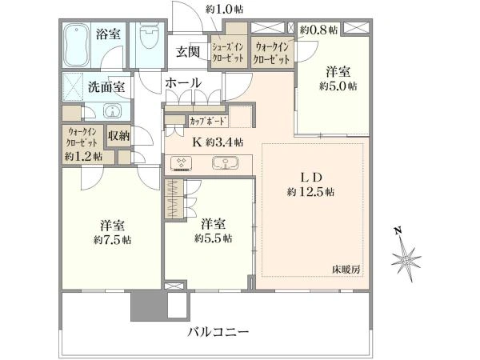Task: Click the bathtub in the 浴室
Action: [x=77, y=46]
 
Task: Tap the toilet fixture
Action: [x=147, y=36]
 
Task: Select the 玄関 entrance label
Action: [x=187, y=51]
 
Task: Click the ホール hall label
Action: [x=183, y=82]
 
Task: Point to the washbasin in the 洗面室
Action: [x=112, y=110]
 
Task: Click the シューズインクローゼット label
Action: [x=228, y=52]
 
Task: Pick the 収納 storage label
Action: [x=118, y=136]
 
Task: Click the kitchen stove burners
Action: [x=181, y=162]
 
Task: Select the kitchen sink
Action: [x=226, y=162]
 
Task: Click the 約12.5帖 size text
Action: [x=310, y=192]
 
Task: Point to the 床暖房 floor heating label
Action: [x=346, y=270]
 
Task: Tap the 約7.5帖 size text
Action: [x=113, y=240]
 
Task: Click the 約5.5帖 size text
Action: [x=213, y=238]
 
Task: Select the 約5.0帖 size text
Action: [x=338, y=86]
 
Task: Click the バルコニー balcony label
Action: [x=218, y=332]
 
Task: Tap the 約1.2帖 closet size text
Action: [x=83, y=157]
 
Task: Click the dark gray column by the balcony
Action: [x=149, y=306]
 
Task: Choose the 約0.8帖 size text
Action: [x=318, y=30]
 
